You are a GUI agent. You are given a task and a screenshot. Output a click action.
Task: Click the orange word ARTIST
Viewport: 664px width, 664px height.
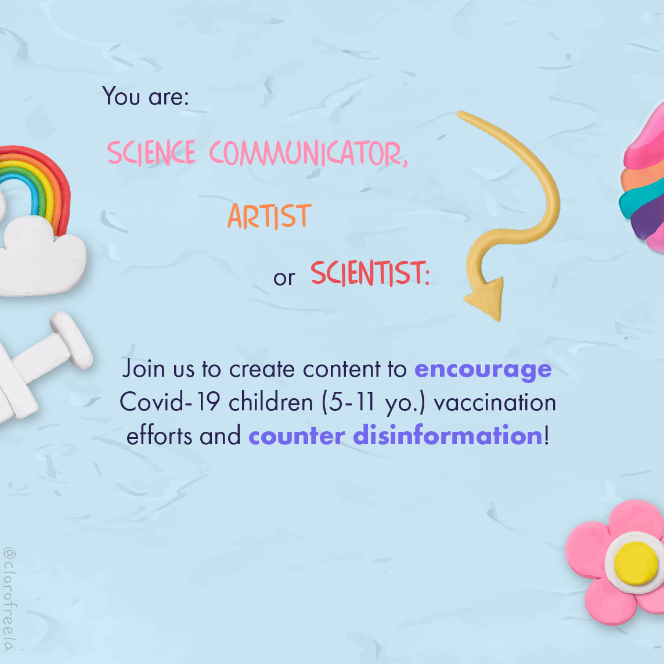coord(269,216)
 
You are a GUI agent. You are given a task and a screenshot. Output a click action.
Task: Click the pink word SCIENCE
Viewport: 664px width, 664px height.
coord(151,153)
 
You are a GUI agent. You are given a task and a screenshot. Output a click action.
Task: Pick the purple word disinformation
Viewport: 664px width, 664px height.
coord(448,435)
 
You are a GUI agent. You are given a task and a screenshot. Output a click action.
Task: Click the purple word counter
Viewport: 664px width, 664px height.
coord(297,436)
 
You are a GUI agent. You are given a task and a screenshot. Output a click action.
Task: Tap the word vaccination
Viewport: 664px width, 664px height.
coord(495,403)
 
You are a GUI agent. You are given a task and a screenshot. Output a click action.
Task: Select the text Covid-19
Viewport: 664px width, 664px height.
coord(170,402)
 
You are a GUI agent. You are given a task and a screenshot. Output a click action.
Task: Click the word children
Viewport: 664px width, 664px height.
coord(270,402)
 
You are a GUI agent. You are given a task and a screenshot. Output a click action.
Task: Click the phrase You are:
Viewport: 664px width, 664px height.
coord(145,96)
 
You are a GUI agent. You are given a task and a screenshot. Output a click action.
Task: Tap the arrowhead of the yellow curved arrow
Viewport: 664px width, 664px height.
coord(486,298)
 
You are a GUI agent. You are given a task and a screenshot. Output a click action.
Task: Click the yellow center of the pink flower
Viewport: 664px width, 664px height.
coord(636,562)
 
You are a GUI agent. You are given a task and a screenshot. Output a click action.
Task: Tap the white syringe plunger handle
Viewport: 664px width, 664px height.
coord(71,339)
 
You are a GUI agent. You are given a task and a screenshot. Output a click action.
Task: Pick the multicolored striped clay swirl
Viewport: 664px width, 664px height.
coord(644,180)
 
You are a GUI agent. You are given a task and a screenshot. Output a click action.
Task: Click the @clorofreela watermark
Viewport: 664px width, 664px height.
coord(9,599)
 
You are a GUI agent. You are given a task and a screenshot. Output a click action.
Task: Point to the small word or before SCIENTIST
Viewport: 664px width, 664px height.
coord(284,278)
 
